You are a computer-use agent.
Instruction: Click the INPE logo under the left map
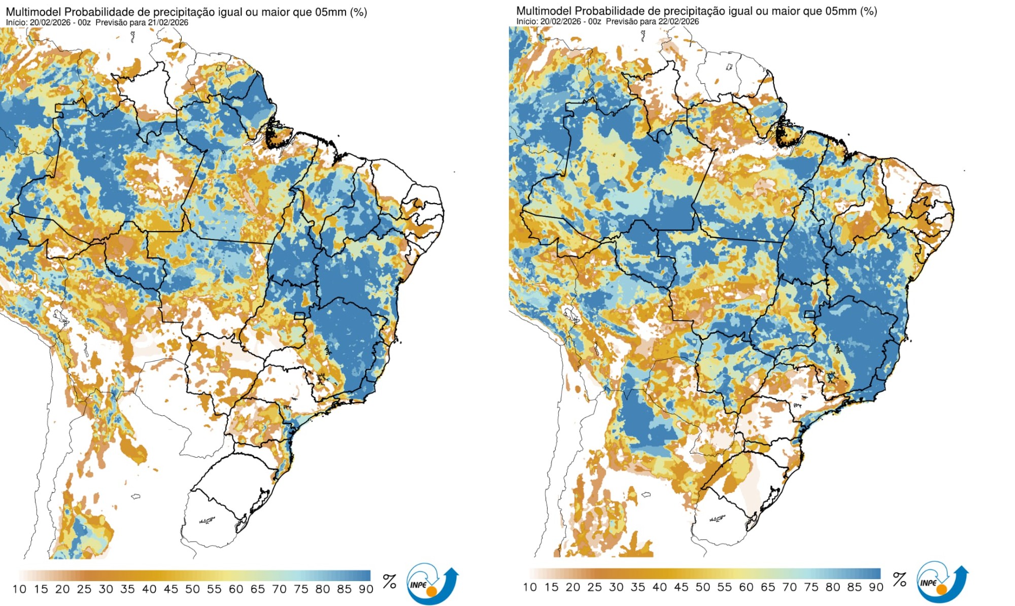431,584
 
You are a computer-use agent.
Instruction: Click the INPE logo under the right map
942,582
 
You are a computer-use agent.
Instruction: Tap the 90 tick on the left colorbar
366,589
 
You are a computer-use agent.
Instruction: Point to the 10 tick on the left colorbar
19,589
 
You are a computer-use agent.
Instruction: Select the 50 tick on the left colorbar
192,589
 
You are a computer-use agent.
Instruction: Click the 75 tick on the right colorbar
811,587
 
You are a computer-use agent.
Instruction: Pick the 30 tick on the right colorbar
616,587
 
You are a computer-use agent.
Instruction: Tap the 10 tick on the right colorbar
530,587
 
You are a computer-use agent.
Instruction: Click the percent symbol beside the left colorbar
389,581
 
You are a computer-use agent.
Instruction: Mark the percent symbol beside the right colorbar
899,579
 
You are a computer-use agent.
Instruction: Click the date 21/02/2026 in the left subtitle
168,22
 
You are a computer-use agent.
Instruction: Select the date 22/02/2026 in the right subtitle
679,21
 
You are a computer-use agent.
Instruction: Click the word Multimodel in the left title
33,12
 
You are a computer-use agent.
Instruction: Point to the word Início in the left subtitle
17,22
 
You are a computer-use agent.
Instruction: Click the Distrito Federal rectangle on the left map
300,316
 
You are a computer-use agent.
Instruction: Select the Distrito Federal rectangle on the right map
809,314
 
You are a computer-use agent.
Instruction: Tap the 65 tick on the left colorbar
257,589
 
